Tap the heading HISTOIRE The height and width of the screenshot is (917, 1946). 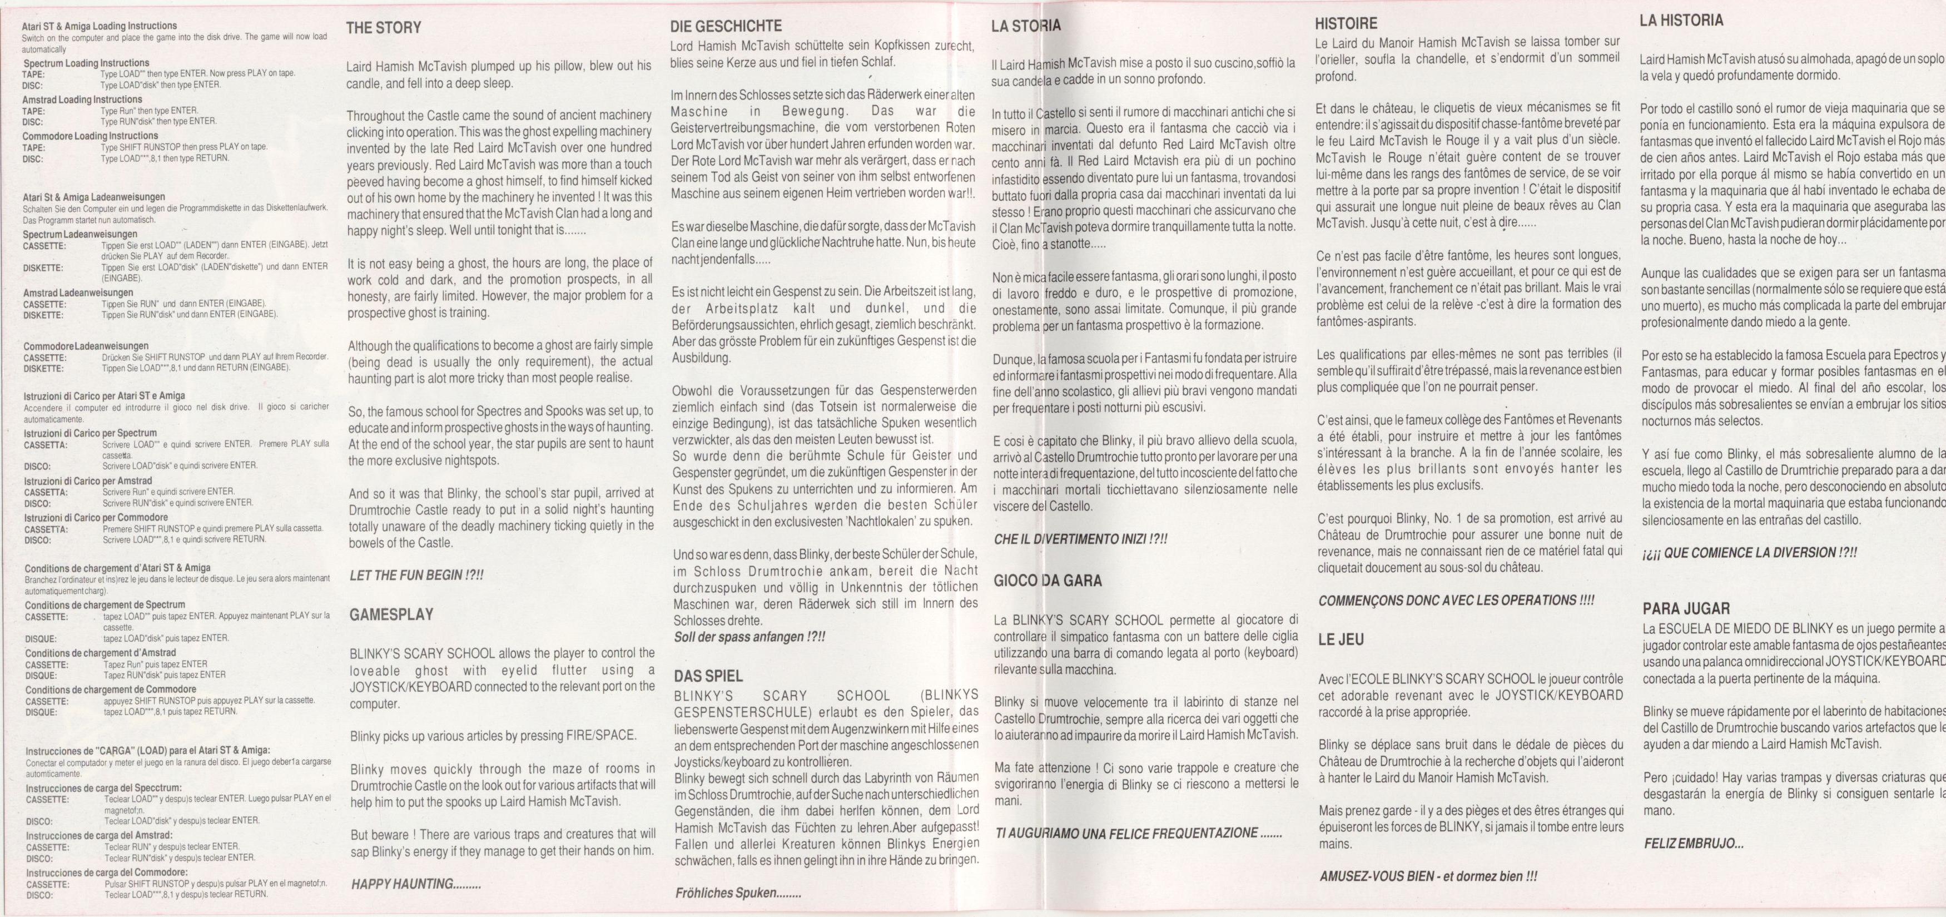tap(1346, 23)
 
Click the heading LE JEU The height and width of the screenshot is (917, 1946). tap(1341, 640)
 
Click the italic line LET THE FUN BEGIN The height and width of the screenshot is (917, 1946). tap(416, 576)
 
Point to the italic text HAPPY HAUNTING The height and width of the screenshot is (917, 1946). tap(416, 884)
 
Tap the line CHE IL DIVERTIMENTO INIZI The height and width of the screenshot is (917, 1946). tap(1080, 539)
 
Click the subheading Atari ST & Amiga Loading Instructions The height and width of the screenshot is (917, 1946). tap(99, 26)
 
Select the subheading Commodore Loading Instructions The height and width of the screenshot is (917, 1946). tap(91, 136)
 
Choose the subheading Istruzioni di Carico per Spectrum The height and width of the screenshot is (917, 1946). tap(91, 434)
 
